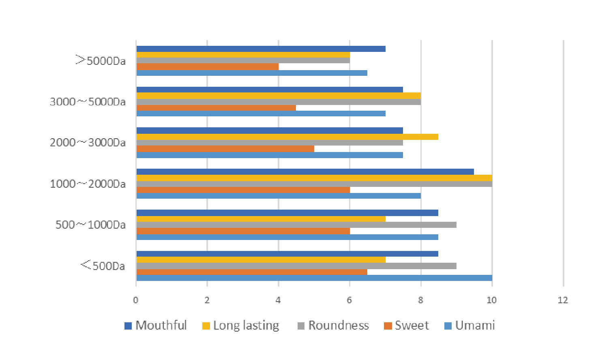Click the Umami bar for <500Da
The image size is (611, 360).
tap(314, 278)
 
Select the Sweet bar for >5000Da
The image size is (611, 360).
tap(208, 66)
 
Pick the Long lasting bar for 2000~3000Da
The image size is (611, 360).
tap(287, 137)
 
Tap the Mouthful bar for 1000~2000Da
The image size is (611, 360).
tap(305, 172)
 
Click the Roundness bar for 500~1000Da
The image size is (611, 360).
tap(296, 225)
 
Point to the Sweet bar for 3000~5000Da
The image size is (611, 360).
tap(216, 108)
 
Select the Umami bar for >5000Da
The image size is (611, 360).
tap(252, 73)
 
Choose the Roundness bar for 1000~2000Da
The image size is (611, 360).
tap(314, 184)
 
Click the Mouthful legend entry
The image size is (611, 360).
tap(156, 326)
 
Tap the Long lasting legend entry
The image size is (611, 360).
tap(241, 326)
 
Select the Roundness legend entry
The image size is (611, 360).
tap(333, 326)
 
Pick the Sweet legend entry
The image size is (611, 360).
tap(406, 326)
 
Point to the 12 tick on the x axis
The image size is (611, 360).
tap(563, 300)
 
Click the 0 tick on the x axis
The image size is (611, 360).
tap(136, 300)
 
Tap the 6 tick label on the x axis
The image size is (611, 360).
tap(349, 300)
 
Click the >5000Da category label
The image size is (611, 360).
tap(101, 61)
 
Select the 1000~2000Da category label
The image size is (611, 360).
tap(88, 184)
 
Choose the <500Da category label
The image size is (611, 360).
tap(103, 266)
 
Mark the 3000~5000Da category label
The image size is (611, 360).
tap(88, 102)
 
